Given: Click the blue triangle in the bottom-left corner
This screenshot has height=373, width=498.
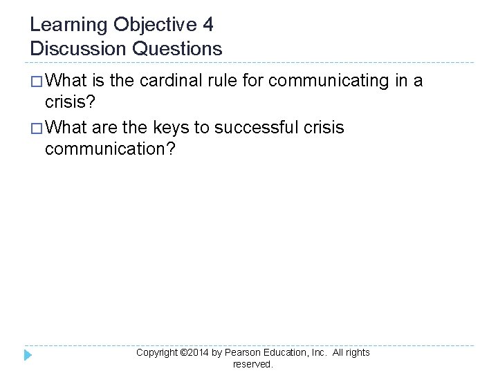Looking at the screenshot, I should (x=28, y=356).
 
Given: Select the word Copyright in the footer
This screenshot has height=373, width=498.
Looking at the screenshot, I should (x=157, y=352).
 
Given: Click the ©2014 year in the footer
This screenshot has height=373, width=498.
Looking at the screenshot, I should (x=196, y=352).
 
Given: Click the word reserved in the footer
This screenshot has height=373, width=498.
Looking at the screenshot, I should (x=252, y=364).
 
